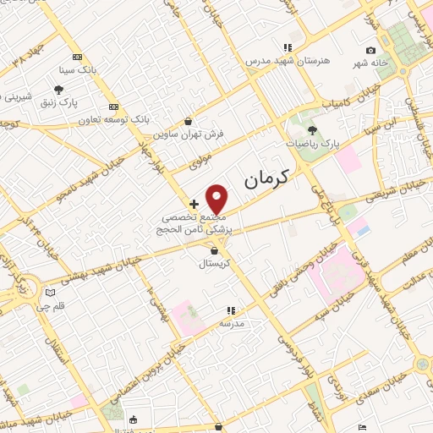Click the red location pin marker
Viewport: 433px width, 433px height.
[x=218, y=200]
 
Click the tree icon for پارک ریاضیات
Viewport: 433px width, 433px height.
[x=312, y=130]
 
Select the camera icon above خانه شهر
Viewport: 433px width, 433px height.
[x=370, y=51]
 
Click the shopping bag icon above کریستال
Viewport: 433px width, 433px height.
[x=214, y=250]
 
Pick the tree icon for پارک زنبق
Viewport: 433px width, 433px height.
[x=58, y=90]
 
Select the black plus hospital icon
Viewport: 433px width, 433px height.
[x=195, y=204]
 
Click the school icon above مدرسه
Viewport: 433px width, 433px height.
[x=232, y=311]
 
